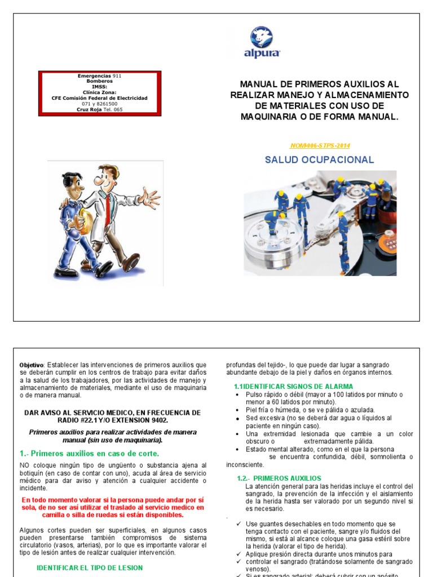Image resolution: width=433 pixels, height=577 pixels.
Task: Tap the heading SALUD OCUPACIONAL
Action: tap(319, 160)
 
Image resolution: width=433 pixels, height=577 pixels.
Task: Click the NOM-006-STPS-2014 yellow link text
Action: tap(319, 145)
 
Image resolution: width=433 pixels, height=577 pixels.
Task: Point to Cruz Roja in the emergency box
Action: tap(87, 109)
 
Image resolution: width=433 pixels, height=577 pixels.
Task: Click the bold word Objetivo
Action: tap(31, 365)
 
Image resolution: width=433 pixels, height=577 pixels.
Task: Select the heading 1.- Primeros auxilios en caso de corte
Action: tap(90, 453)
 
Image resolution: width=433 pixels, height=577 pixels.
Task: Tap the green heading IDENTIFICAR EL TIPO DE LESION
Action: tap(90, 567)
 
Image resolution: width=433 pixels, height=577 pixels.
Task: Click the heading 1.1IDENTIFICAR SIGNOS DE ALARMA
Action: tap(293, 387)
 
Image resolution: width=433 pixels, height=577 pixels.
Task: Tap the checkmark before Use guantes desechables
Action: tap(239, 524)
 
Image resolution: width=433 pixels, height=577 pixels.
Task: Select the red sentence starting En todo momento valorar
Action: tap(112, 507)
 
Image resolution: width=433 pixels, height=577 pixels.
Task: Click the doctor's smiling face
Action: tap(107, 180)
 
